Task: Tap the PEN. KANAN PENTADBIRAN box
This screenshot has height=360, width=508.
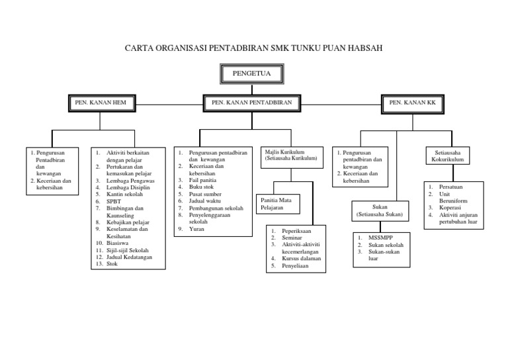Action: tap(251, 103)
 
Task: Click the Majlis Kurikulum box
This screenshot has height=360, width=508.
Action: tap(290, 156)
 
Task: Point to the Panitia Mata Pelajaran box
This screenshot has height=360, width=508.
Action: tap(278, 202)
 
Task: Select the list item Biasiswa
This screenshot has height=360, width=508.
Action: tap(119, 243)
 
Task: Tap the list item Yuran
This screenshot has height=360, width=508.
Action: tap(196, 229)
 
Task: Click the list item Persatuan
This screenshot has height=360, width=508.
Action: tap(452, 187)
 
